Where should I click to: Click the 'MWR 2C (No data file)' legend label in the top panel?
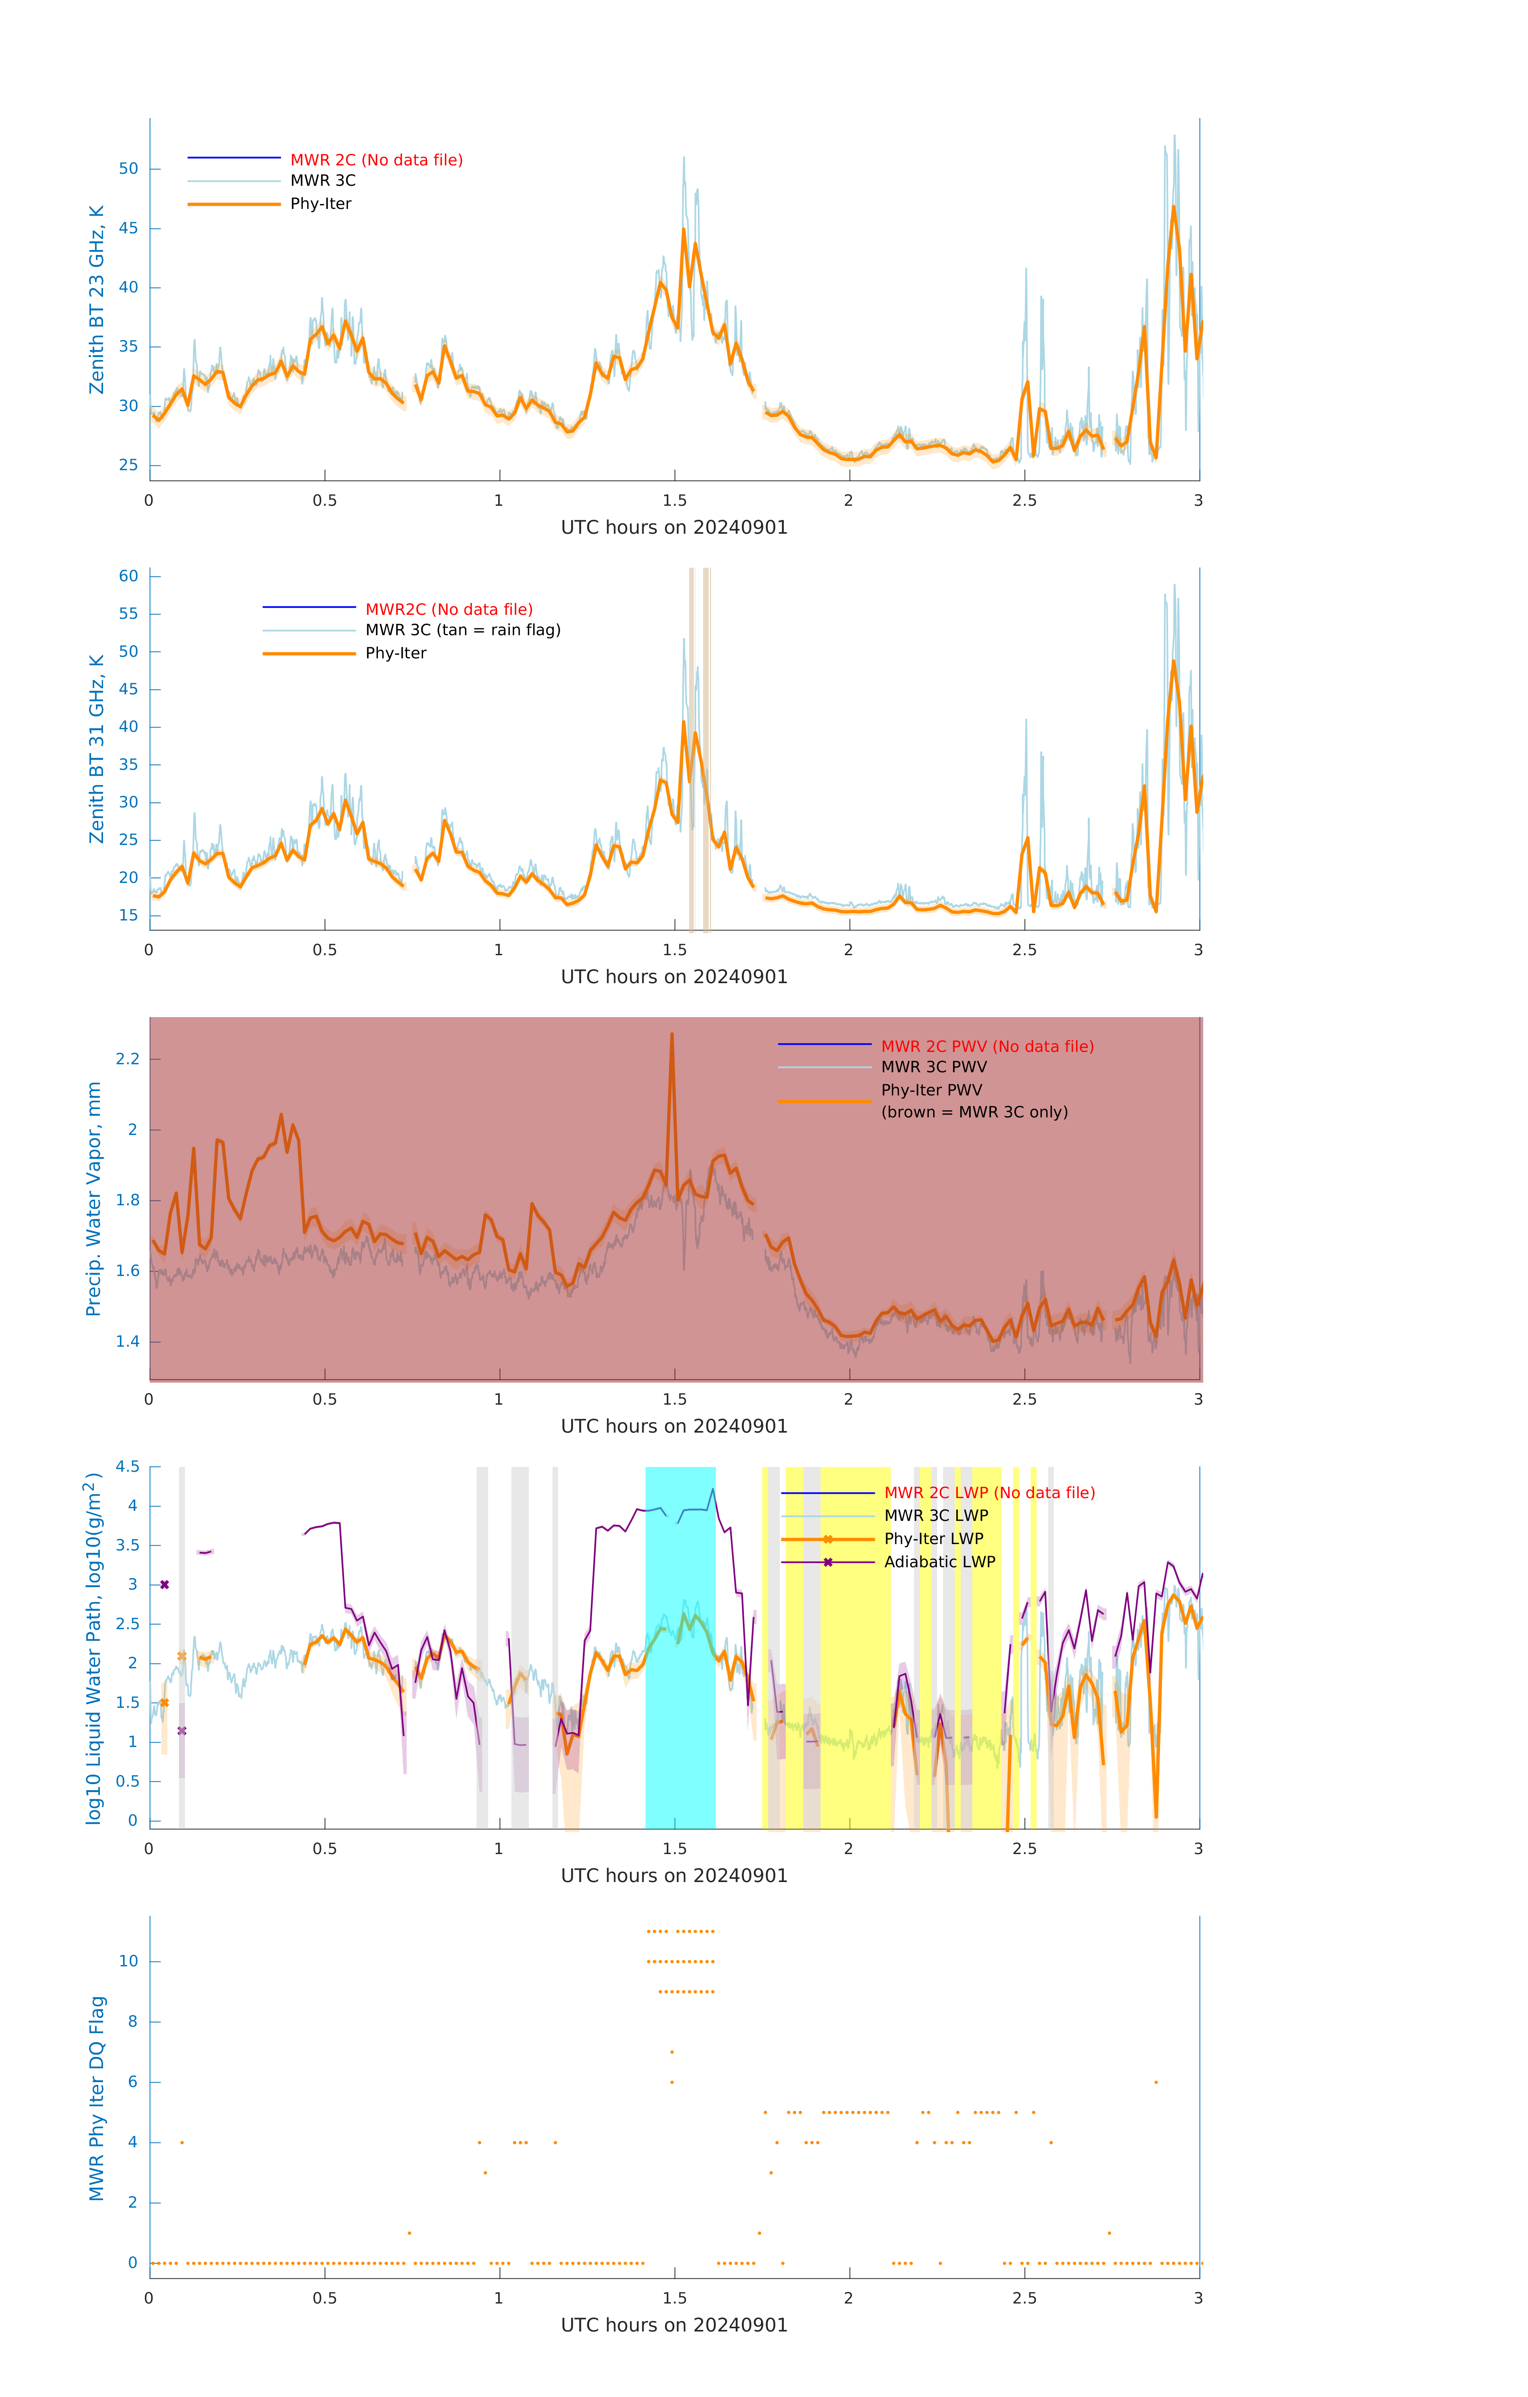(x=376, y=160)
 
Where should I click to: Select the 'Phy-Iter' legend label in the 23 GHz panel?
(x=320, y=204)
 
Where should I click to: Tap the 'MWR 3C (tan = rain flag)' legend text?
(x=463, y=630)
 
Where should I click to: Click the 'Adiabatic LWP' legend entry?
(x=940, y=1562)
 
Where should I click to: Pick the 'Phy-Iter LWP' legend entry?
(x=934, y=1539)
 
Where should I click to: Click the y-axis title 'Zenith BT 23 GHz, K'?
(x=97, y=300)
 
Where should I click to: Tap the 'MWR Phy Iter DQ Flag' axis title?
(x=97, y=2098)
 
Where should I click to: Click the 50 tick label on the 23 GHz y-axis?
(x=128, y=169)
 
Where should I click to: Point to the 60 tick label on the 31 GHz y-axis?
(x=128, y=576)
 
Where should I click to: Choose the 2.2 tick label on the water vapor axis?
(x=127, y=1059)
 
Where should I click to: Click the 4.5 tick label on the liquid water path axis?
(x=127, y=1467)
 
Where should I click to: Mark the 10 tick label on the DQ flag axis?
(x=128, y=1961)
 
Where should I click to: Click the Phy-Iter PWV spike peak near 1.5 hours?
(x=672, y=1035)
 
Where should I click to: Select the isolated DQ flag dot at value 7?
(x=672, y=2051)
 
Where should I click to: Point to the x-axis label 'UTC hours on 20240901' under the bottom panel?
(x=674, y=2325)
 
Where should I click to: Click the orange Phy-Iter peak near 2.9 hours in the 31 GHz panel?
(x=1174, y=662)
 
